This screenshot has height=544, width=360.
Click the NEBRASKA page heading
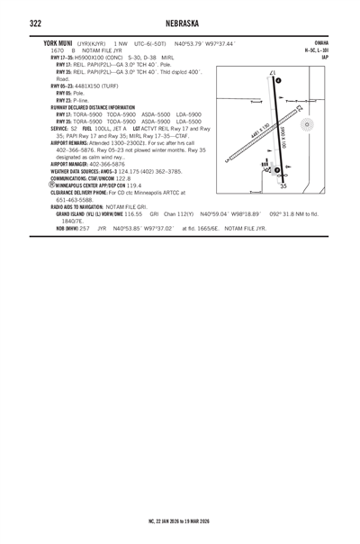click(x=180, y=21)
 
